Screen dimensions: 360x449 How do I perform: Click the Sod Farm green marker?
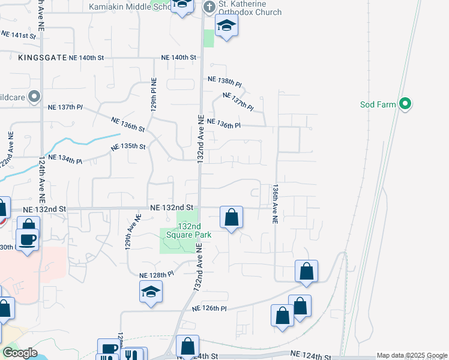pyautogui.click(x=405, y=104)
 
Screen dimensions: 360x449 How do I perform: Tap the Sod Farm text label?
pyautogui.click(x=378, y=104)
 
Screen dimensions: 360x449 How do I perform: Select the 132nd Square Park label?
pyautogui.click(x=194, y=230)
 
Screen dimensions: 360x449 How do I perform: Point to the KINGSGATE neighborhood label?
pyautogui.click(x=40, y=58)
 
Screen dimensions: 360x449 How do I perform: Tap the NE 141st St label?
pyautogui.click(x=19, y=36)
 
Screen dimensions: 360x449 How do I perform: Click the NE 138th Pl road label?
pyautogui.click(x=224, y=79)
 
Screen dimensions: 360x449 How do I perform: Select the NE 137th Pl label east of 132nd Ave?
pyautogui.click(x=238, y=100)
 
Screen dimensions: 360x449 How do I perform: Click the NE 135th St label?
pyautogui.click(x=128, y=146)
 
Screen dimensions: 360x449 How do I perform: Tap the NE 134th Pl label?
pyautogui.click(x=64, y=157)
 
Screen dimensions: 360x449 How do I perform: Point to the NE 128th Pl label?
pyautogui.click(x=156, y=274)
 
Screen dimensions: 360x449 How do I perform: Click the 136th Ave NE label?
pyautogui.click(x=275, y=204)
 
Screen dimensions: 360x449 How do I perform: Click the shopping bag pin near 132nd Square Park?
pyautogui.click(x=231, y=217)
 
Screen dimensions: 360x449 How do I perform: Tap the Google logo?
pyautogui.click(x=20, y=353)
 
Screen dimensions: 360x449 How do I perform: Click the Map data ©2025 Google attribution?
pyautogui.click(x=412, y=355)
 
